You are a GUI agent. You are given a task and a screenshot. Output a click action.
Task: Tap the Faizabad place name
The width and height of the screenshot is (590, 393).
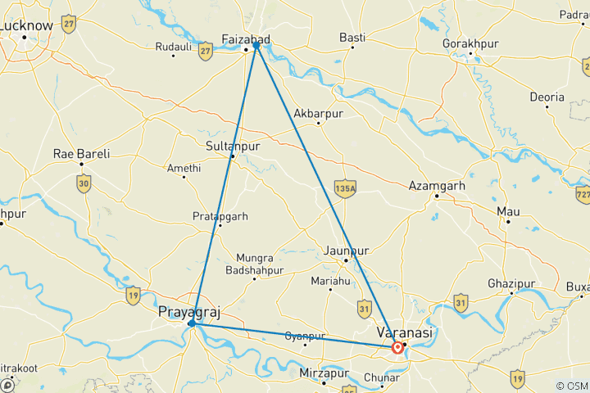[247, 38]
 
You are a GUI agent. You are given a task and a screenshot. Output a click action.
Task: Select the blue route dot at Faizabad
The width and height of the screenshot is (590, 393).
[256, 46]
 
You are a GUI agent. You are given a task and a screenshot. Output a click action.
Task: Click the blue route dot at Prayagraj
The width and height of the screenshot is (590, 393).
[191, 323]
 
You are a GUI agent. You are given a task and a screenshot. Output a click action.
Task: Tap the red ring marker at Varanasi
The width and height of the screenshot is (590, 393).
[397, 348]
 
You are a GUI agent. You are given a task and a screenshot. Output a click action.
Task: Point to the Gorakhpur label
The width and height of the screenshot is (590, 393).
[470, 42]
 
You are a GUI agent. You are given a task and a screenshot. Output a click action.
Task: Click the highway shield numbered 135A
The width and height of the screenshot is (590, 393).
[345, 188]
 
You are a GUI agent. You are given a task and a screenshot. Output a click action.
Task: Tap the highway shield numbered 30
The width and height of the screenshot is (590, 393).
[84, 185]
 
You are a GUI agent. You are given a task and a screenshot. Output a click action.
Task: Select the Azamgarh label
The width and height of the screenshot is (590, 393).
[437, 186]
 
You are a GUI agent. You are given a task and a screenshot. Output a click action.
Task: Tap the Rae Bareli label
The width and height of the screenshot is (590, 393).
[81, 153]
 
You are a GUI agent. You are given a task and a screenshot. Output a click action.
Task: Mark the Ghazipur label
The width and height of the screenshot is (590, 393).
[511, 282]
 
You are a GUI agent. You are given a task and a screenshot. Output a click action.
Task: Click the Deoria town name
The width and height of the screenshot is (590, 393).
[547, 97]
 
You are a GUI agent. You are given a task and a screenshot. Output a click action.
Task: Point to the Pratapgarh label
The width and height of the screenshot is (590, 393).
[220, 216]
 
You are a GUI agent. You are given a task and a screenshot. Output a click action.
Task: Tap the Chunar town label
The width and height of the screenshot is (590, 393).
[382, 377]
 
